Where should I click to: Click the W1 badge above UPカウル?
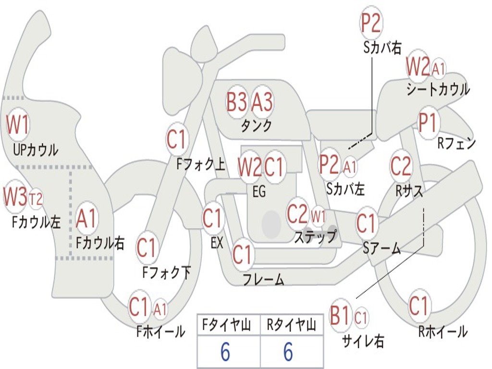tap(18, 125)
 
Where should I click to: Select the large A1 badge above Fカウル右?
tap(86, 219)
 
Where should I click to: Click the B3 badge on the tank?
tap(237, 102)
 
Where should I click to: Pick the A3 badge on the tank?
tap(262, 102)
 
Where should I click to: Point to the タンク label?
tap(256, 126)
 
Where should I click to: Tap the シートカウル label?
tap(438, 89)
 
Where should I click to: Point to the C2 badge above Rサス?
tap(401, 166)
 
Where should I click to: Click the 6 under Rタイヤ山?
tap(288, 352)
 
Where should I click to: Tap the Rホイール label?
tap(443, 332)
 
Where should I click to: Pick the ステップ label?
tap(315, 236)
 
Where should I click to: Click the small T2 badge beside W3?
tap(36, 198)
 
